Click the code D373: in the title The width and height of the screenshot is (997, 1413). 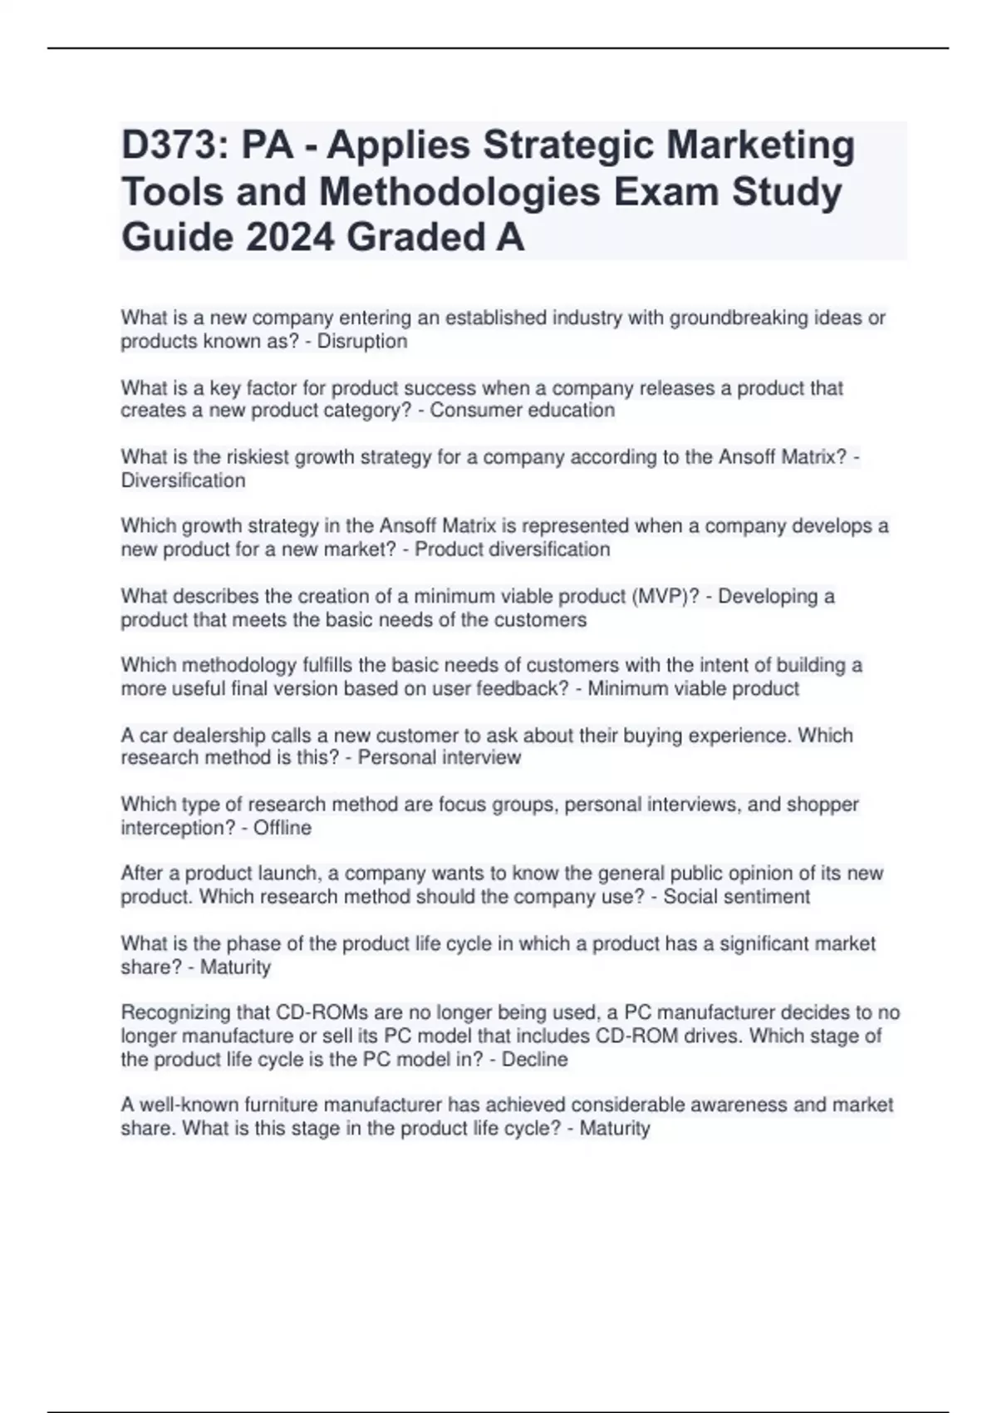(173, 145)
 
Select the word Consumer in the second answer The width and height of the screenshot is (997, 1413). (467, 411)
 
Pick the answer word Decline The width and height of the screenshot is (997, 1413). (534, 1060)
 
